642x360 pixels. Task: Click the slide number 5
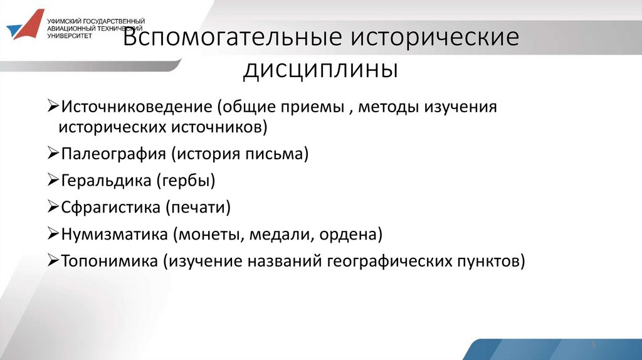pos(592,346)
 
